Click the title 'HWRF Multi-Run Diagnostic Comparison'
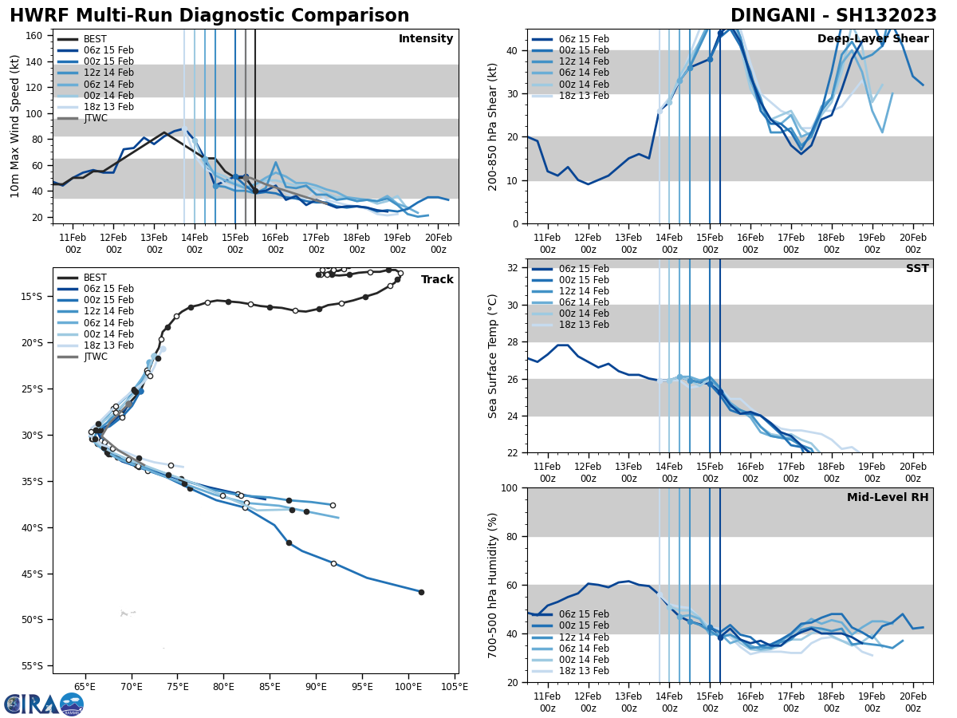coord(209,16)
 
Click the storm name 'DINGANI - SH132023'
coord(834,16)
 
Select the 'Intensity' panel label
coord(426,39)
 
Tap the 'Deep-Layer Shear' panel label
coord(872,39)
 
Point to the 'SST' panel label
coord(917,269)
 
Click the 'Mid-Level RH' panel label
coord(888,498)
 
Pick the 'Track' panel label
coord(437,280)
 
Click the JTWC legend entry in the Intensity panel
coord(95,118)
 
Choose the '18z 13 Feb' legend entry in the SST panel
coord(582,325)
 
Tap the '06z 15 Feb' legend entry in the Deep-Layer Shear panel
coord(582,39)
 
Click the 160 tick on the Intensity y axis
coord(36,35)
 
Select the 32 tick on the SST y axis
coord(514,267)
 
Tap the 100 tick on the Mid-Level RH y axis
coord(511,487)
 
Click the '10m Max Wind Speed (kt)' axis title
coord(15,126)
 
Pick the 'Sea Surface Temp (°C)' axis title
coord(493,356)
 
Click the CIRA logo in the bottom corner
coord(44,704)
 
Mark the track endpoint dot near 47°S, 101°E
coord(421,592)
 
